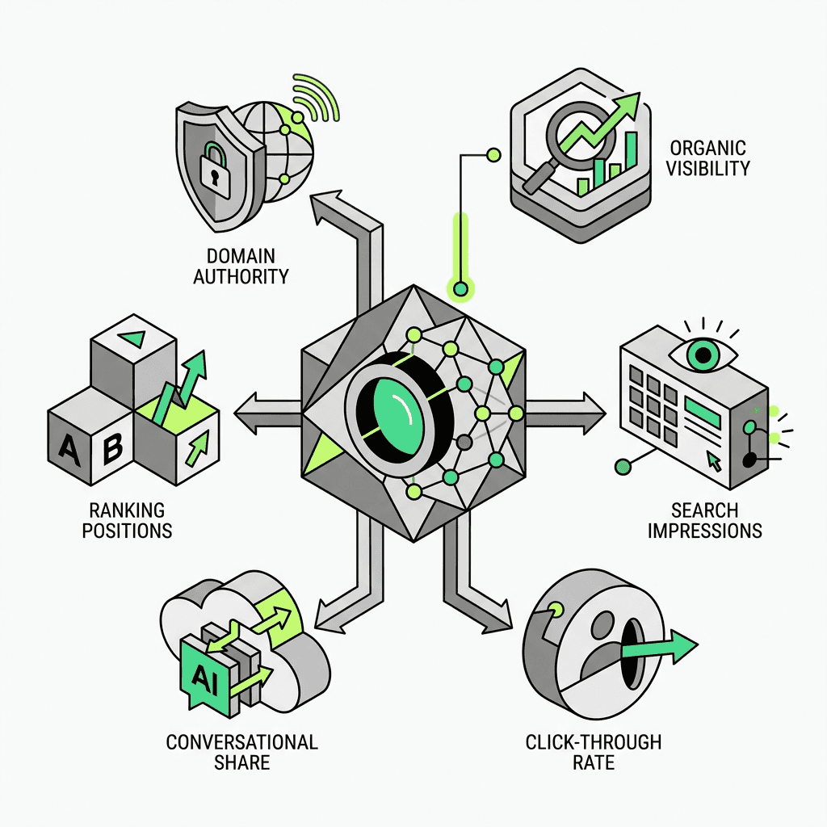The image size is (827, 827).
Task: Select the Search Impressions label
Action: coord(704,520)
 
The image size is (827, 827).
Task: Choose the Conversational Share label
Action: coord(242,752)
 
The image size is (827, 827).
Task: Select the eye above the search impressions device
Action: coord(703,352)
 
